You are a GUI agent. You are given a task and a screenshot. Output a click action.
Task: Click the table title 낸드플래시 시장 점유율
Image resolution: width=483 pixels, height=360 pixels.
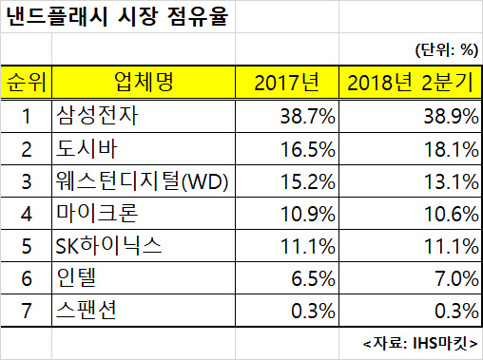[117, 16]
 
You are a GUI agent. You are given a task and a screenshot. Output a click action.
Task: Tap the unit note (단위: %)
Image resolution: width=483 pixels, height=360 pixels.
[447, 50]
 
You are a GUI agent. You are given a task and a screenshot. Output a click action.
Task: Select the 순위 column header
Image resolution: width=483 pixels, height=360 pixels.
[27, 83]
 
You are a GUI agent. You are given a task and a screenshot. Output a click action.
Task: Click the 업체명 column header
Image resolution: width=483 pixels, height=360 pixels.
[144, 82]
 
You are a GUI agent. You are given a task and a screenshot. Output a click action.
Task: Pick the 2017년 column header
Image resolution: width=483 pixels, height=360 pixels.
[286, 83]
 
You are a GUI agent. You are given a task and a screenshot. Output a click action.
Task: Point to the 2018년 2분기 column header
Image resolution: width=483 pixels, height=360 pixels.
[410, 83]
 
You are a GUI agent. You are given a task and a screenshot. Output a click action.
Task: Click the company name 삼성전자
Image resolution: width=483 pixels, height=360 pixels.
[97, 116]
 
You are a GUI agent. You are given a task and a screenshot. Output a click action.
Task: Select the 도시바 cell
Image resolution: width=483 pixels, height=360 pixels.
[87, 148]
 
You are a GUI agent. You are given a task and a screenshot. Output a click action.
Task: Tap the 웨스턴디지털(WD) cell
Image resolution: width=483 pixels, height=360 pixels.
[142, 181]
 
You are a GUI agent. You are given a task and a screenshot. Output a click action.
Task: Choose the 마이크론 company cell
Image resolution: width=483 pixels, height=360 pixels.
[97, 213]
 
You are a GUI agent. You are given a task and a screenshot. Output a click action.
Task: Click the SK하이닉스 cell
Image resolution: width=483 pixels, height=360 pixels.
[108, 246]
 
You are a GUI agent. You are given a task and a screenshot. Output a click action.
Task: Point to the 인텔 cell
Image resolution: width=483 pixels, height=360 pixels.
[76, 277]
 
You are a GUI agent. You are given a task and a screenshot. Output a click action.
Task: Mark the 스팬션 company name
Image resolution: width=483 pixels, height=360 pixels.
[87, 310]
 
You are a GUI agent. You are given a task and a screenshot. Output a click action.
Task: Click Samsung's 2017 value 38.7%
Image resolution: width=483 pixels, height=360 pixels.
[307, 116]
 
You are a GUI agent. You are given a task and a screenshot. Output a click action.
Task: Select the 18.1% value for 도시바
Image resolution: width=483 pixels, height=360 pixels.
[452, 149]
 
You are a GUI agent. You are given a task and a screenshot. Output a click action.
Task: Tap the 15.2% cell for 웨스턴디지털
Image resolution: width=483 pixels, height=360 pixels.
[308, 181]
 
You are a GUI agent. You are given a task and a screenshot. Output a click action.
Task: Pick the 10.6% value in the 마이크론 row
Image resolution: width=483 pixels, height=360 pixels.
[452, 214]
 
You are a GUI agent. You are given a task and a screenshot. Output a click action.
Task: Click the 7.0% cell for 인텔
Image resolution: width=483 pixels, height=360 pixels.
[456, 278]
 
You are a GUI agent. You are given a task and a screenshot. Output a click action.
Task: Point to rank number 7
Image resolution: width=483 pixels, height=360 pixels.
[27, 311]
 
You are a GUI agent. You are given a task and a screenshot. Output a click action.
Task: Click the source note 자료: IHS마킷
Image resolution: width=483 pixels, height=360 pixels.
[420, 343]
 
